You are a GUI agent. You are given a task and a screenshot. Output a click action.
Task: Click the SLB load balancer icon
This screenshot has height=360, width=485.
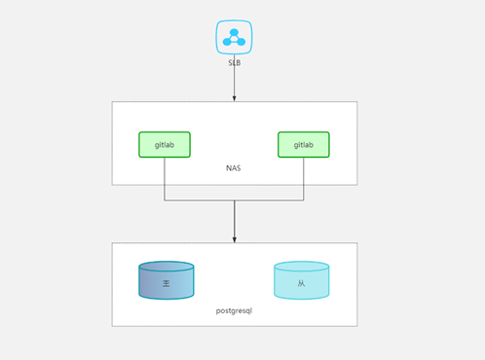click(x=234, y=37)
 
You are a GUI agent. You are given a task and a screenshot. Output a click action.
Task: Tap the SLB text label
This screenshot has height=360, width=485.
click(x=234, y=63)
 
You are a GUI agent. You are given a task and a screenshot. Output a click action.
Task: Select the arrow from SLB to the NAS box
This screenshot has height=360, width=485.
click(x=234, y=83)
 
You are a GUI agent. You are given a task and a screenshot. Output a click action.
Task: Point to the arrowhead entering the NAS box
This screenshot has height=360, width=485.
click(x=234, y=98)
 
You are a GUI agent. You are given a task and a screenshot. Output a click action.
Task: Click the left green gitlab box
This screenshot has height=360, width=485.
click(x=164, y=144)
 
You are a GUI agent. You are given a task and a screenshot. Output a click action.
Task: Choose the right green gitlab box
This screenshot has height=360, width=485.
click(x=303, y=144)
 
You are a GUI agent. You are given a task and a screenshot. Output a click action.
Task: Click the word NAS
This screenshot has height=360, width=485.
click(x=234, y=168)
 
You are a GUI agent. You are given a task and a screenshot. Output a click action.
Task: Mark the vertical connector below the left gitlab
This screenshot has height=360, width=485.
click(x=164, y=178)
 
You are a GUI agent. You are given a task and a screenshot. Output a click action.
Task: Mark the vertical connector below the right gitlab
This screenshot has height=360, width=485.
click(x=304, y=178)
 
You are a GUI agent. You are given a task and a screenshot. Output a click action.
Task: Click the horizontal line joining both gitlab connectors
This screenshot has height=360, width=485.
click(x=200, y=200)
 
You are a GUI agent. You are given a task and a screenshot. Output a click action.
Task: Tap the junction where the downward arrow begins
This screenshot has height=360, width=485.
click(x=234, y=200)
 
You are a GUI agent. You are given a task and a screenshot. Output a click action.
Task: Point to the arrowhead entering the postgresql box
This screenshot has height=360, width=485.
click(x=234, y=239)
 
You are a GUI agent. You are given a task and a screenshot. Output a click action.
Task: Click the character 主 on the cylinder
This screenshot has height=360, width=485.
click(x=167, y=283)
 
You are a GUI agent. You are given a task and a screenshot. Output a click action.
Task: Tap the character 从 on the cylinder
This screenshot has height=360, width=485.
click(x=302, y=283)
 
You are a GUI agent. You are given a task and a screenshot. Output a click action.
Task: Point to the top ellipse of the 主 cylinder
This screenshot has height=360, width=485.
click(x=167, y=266)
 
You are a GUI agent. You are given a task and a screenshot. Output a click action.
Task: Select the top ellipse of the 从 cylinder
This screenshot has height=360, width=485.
click(x=302, y=266)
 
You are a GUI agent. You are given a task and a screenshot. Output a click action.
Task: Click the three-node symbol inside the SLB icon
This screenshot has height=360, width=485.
click(x=234, y=37)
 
